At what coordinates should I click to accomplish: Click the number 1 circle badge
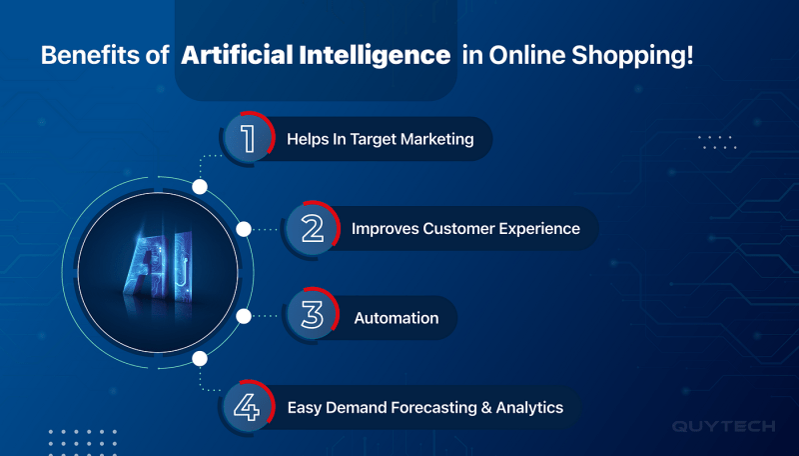[248, 138]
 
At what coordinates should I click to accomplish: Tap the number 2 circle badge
[312, 229]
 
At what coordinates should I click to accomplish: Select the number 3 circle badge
[312, 315]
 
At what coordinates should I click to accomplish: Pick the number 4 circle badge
[248, 407]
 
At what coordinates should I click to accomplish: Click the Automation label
[397, 318]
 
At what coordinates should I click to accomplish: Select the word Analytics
[530, 408]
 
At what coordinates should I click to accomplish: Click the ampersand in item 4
[486, 408]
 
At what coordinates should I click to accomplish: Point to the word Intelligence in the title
[375, 56]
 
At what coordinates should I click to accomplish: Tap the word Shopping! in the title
[632, 56]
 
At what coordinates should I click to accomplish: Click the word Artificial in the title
[237, 55]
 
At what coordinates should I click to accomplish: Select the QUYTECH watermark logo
[723, 426]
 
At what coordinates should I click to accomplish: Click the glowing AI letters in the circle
[159, 264]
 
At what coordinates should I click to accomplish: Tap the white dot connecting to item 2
[244, 229]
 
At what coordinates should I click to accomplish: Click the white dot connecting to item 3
[244, 316]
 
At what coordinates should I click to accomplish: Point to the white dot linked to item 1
[200, 187]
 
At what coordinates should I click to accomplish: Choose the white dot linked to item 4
[200, 359]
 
